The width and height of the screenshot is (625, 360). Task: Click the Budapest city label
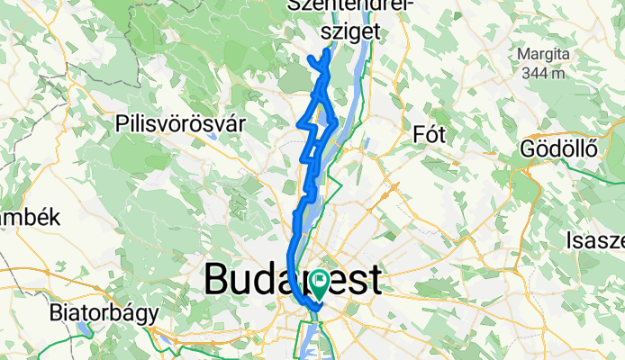[293, 280]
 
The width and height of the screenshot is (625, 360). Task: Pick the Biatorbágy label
[104, 314]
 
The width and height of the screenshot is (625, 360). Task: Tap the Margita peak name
[543, 55]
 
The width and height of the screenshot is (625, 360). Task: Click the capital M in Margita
[523, 55]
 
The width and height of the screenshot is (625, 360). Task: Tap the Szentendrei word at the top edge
[350, 7]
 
